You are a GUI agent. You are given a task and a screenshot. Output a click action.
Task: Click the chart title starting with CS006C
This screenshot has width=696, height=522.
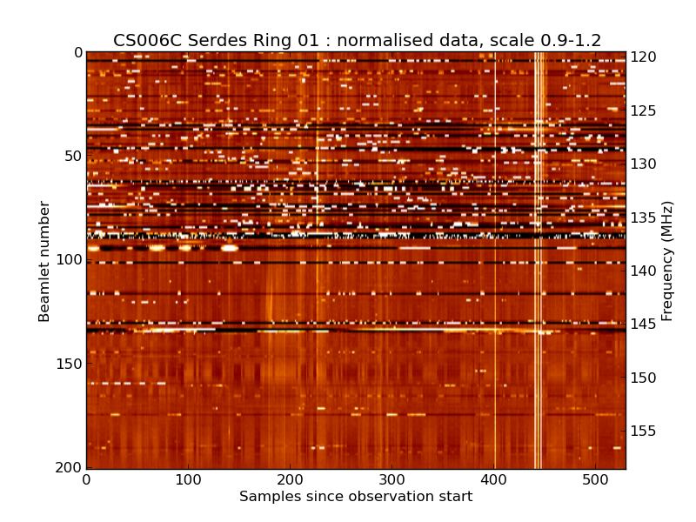[357, 40]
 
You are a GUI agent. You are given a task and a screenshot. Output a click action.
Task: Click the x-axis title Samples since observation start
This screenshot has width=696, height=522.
[356, 497]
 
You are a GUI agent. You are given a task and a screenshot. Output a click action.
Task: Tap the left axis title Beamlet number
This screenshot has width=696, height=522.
[44, 261]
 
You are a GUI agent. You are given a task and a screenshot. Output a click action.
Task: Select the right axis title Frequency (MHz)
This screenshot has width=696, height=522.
[667, 261]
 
